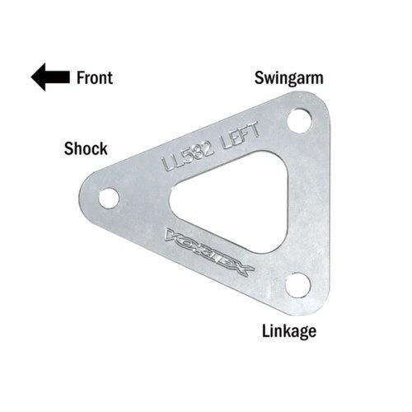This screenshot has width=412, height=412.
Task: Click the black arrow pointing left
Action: [x=50, y=77]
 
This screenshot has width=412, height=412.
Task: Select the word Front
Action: [x=95, y=77]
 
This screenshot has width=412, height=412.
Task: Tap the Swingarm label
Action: [x=288, y=78]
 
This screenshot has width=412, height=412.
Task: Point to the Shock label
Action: [x=86, y=148]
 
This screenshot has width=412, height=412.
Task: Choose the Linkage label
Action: [x=289, y=331]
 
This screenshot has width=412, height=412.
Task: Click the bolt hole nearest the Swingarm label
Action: [x=299, y=121]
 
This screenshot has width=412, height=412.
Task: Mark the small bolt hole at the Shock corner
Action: [x=109, y=198]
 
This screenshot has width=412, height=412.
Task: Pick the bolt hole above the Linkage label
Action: [x=298, y=285]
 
